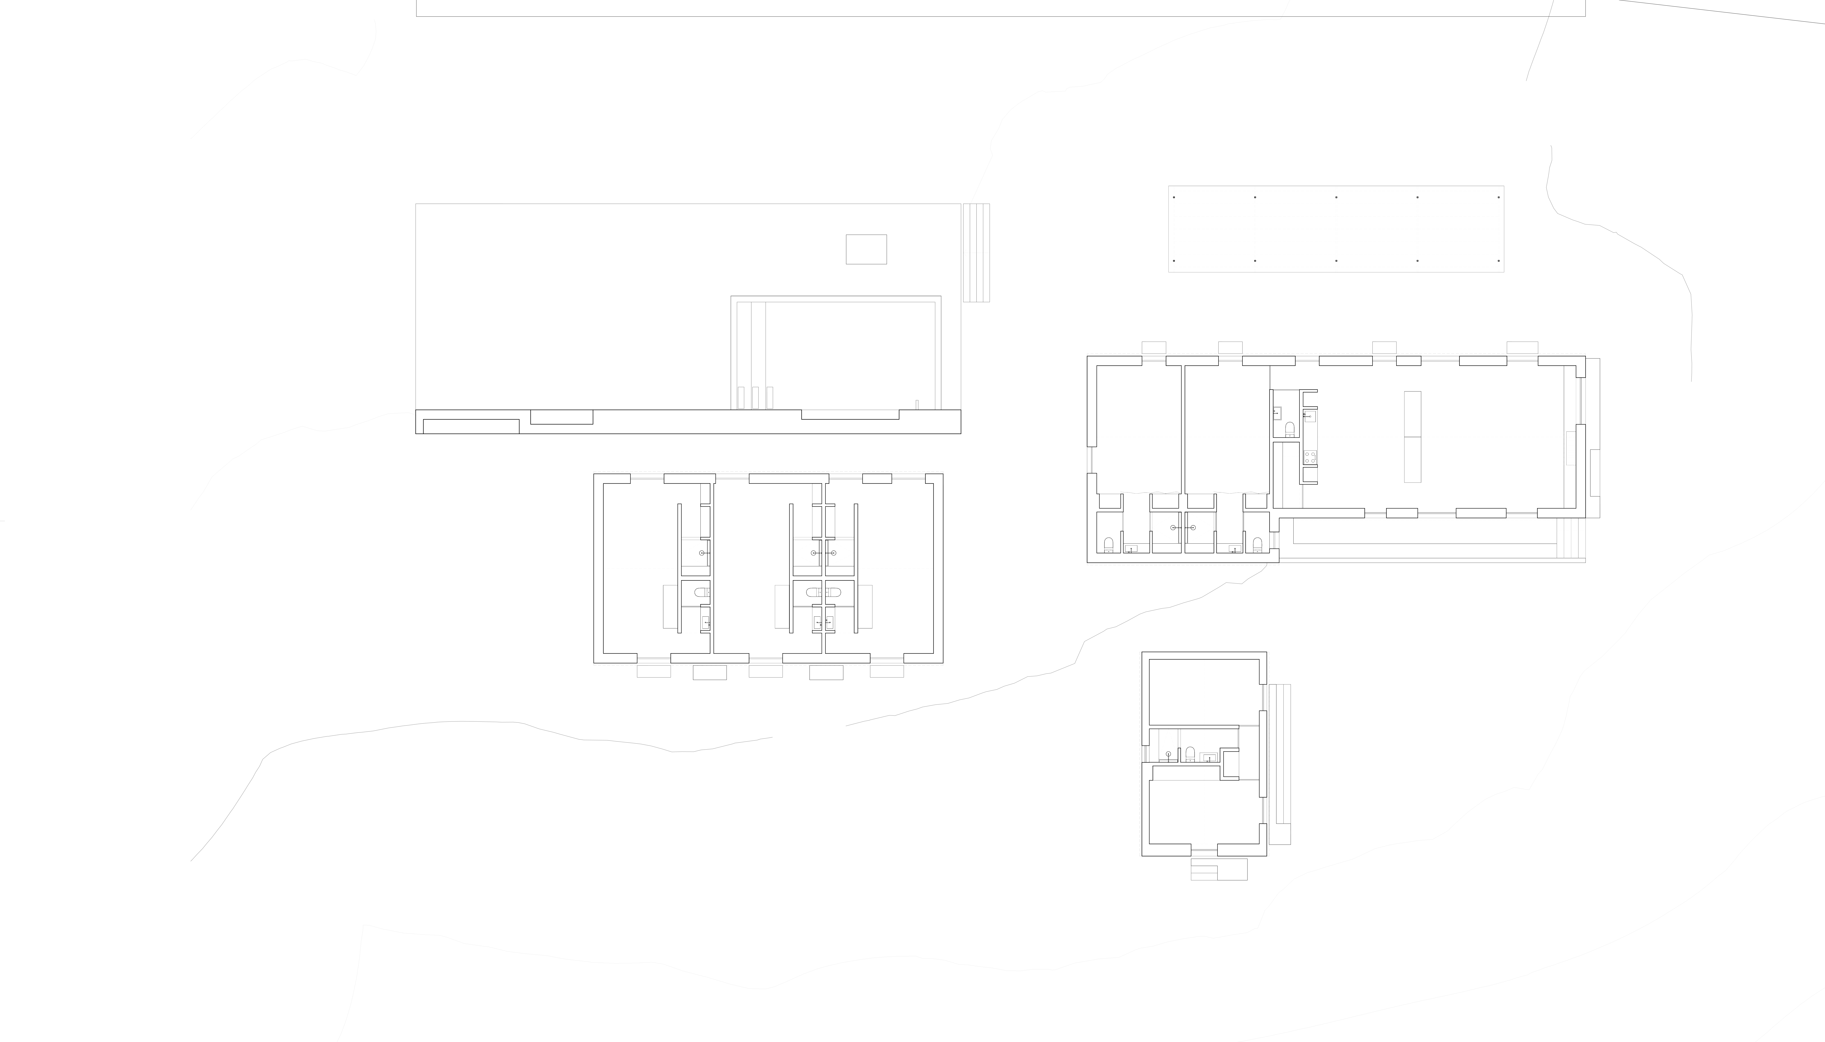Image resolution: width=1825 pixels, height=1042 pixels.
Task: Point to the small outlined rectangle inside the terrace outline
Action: pyautogui.click(x=866, y=249)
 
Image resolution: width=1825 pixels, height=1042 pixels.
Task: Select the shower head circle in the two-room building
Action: pyautogui.click(x=1169, y=754)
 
